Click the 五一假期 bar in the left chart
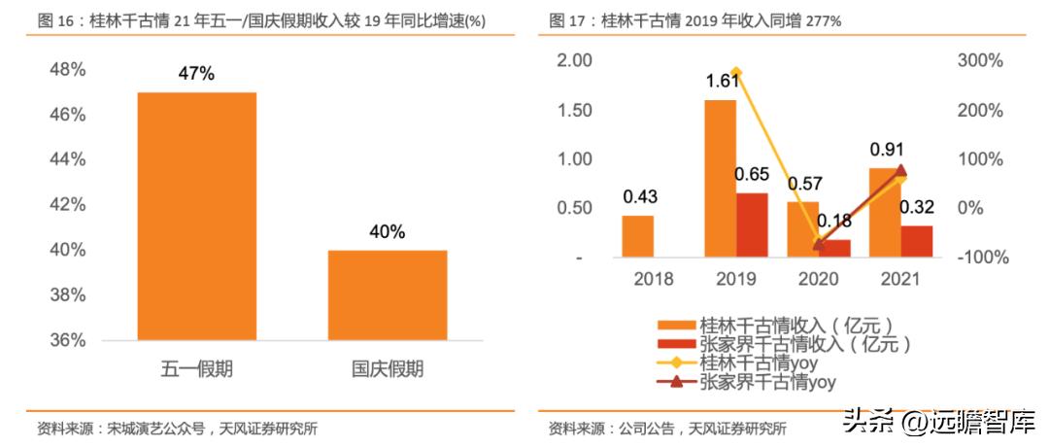[x=196, y=216]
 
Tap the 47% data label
[x=196, y=74]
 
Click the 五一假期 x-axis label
[x=196, y=369]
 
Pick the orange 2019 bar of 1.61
[x=720, y=179]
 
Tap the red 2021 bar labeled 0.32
[x=916, y=242]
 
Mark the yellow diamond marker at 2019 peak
[x=736, y=73]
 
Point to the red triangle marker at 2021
[x=900, y=171]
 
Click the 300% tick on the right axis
[x=981, y=60]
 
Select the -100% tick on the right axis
[x=982, y=258]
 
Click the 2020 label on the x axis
[x=818, y=280]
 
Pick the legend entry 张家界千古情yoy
[x=767, y=382]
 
